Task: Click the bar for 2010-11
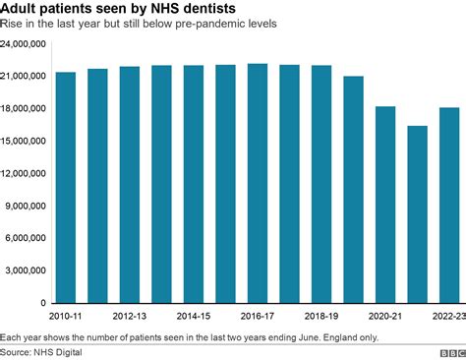[x=67, y=187]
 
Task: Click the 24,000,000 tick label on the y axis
[x=27, y=44]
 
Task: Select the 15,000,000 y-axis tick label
[x=27, y=141]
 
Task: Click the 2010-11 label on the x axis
[x=67, y=317]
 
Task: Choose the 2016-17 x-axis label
[x=258, y=317]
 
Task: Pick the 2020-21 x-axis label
[x=385, y=317]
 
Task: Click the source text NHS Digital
[x=58, y=351]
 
